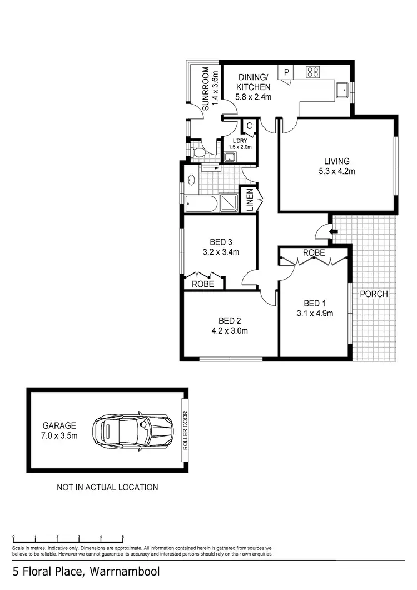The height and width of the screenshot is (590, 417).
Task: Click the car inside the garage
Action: coord(131,432)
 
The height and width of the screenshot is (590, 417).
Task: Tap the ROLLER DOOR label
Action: coord(185,431)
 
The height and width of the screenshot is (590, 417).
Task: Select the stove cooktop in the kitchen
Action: coord(313,72)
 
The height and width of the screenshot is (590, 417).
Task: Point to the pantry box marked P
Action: coord(286,72)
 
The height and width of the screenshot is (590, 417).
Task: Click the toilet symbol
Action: coord(197,152)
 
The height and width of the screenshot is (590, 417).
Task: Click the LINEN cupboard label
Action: coord(250,200)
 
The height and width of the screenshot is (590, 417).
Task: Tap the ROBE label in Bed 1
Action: coord(314,252)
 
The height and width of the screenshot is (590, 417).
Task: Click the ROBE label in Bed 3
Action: coord(203,284)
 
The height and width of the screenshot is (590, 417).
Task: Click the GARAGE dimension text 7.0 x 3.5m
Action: coord(59,435)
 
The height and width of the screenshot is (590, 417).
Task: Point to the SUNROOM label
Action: coord(206,89)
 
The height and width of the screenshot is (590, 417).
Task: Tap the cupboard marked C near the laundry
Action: coord(249,126)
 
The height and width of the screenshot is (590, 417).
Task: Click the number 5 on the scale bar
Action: coord(122,538)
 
